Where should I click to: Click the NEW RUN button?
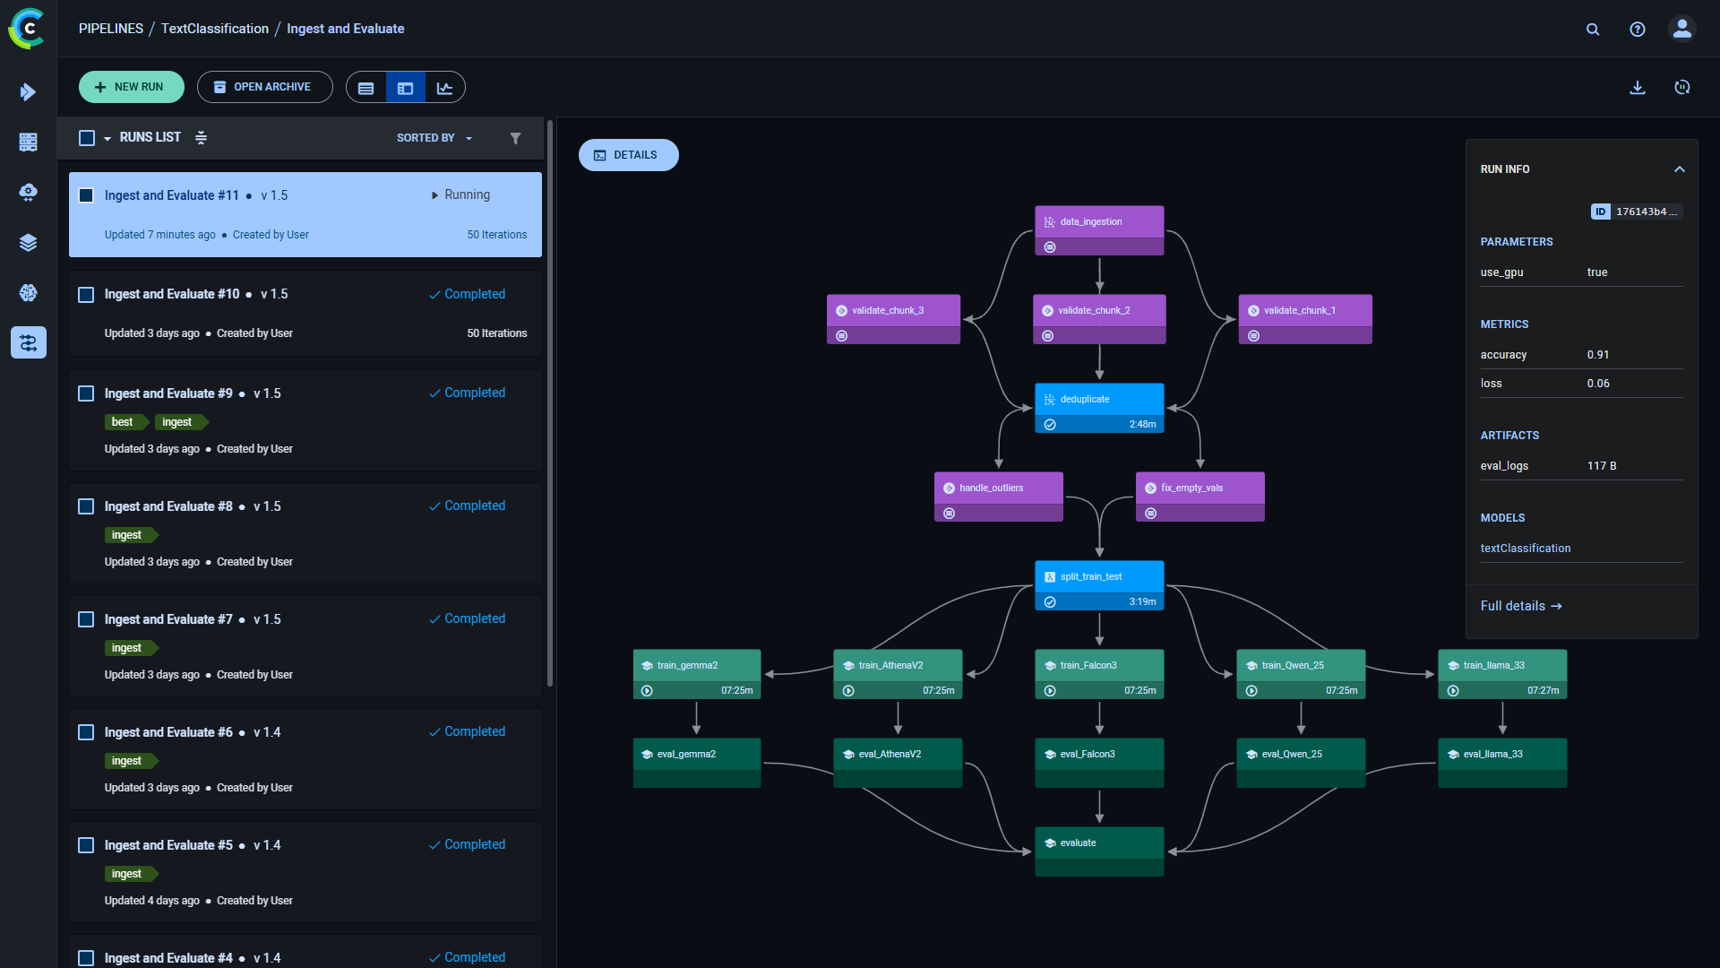coord(131,87)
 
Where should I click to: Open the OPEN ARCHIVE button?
coord(264,87)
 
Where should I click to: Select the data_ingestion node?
coord(1099,229)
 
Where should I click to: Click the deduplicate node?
coord(1099,407)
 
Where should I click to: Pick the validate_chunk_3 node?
coord(893,318)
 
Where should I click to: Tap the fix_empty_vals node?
coord(1200,496)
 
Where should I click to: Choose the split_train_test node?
coord(1099,584)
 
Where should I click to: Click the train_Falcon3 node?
coord(1099,673)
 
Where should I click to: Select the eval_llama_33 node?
coord(1502,762)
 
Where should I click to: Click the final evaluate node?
coord(1099,851)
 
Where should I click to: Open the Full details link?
coord(1520,606)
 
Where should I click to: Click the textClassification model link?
coord(1525,549)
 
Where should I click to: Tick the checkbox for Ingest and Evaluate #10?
coord(86,295)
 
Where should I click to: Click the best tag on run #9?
coord(123,422)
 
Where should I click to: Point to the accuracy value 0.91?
coord(1597,355)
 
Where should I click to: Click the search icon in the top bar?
coord(1593,30)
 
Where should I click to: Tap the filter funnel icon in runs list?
coord(515,138)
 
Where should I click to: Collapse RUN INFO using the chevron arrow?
coord(1679,169)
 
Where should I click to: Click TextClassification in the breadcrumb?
coord(214,29)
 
